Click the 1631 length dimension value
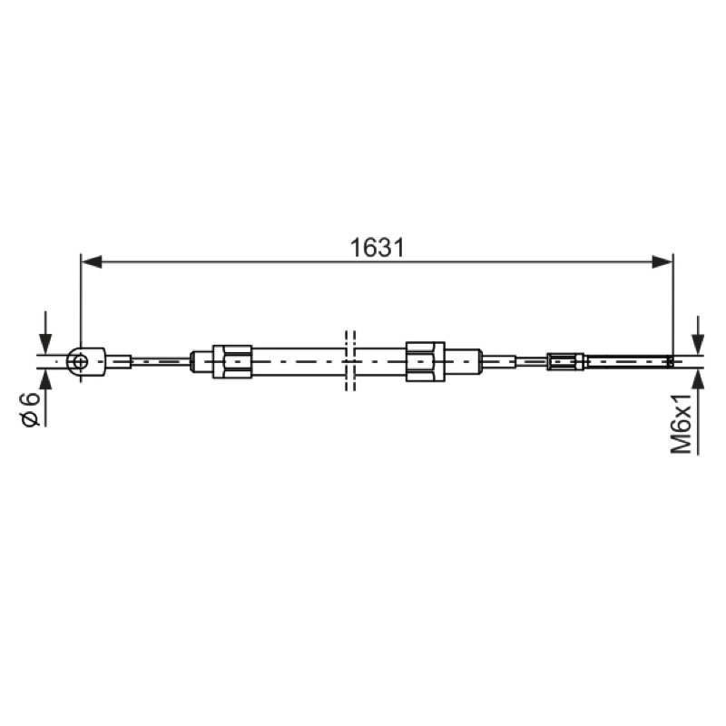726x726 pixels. click(x=377, y=248)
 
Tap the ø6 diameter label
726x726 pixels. click(x=32, y=409)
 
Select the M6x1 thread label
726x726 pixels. click(x=682, y=422)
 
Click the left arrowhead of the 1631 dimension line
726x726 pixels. click(x=92, y=261)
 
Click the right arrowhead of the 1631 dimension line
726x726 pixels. click(x=662, y=261)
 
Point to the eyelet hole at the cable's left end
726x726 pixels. click(x=80, y=361)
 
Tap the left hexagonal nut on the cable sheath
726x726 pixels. click(x=232, y=361)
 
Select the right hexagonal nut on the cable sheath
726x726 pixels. click(x=426, y=361)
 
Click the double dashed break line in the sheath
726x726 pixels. click(x=350, y=360)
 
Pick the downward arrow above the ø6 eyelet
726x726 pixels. click(x=45, y=332)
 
